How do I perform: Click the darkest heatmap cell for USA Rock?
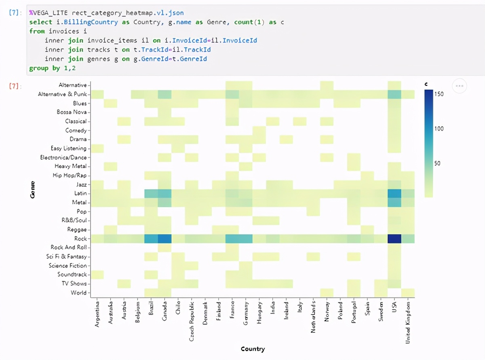(x=394, y=239)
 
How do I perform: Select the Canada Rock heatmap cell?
(x=164, y=239)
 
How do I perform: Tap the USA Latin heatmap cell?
(x=394, y=193)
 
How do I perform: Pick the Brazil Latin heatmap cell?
(x=151, y=193)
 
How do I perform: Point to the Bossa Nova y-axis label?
(x=72, y=112)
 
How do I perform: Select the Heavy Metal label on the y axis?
(x=70, y=166)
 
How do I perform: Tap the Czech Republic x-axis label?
(x=192, y=321)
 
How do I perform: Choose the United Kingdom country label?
(x=408, y=323)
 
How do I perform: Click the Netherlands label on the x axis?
(x=313, y=318)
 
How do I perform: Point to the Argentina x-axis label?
(x=97, y=314)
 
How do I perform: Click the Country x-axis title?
(x=253, y=349)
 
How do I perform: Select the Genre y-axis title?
(x=32, y=189)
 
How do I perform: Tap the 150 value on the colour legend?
(x=439, y=94)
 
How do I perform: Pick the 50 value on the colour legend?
(x=437, y=163)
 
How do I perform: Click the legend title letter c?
(x=426, y=84)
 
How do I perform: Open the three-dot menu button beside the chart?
(x=460, y=86)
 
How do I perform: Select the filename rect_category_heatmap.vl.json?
(x=128, y=13)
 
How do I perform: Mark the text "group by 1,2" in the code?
(x=53, y=68)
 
